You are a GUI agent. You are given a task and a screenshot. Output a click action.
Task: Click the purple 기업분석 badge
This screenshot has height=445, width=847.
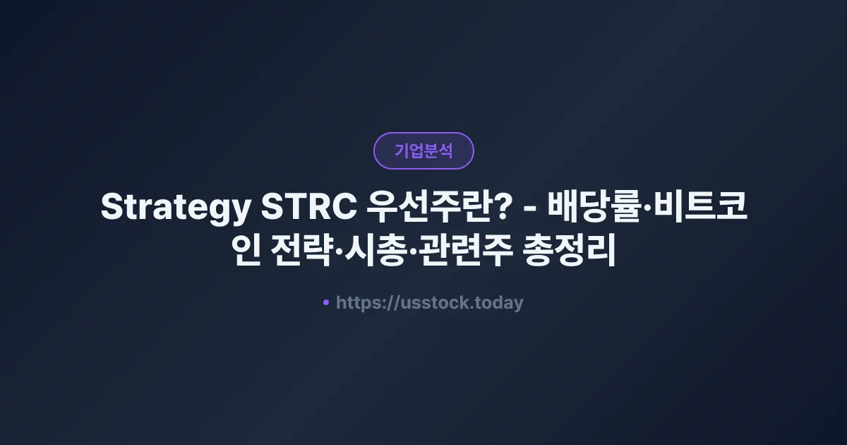coord(423,150)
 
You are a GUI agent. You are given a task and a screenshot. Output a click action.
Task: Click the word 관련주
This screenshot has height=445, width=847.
coord(462,252)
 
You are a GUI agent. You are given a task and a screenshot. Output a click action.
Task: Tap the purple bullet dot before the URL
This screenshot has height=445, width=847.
coord(326,302)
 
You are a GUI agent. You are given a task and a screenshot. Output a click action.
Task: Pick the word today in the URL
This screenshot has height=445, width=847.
coord(500,303)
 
